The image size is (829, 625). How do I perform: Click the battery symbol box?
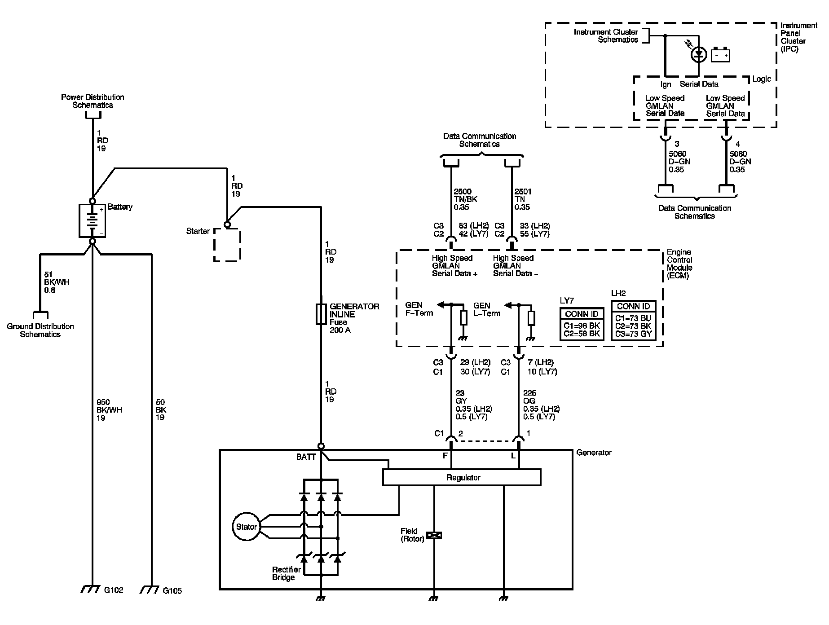click(93, 220)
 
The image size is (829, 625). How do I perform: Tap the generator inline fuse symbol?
click(322, 314)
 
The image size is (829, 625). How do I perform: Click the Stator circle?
click(246, 527)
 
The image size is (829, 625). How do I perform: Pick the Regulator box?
click(462, 477)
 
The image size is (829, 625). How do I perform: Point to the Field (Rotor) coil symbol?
click(434, 535)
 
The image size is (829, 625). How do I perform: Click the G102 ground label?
click(114, 590)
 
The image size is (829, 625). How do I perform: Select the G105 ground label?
click(172, 591)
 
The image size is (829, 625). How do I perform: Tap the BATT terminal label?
click(306, 457)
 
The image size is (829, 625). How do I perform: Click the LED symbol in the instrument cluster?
click(698, 55)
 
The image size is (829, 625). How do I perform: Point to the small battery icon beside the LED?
click(720, 55)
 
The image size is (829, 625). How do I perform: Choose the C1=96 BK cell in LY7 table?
click(582, 326)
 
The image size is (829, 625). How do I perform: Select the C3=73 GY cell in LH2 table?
click(634, 334)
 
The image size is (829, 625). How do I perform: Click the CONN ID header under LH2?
click(634, 307)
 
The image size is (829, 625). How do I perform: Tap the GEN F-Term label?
click(419, 309)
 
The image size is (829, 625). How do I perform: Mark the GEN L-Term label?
click(487, 309)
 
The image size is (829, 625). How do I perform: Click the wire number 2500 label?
click(463, 191)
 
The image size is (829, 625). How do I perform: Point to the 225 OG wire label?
click(530, 397)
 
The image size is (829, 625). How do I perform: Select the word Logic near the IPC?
click(762, 79)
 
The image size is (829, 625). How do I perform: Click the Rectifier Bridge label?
click(287, 573)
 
